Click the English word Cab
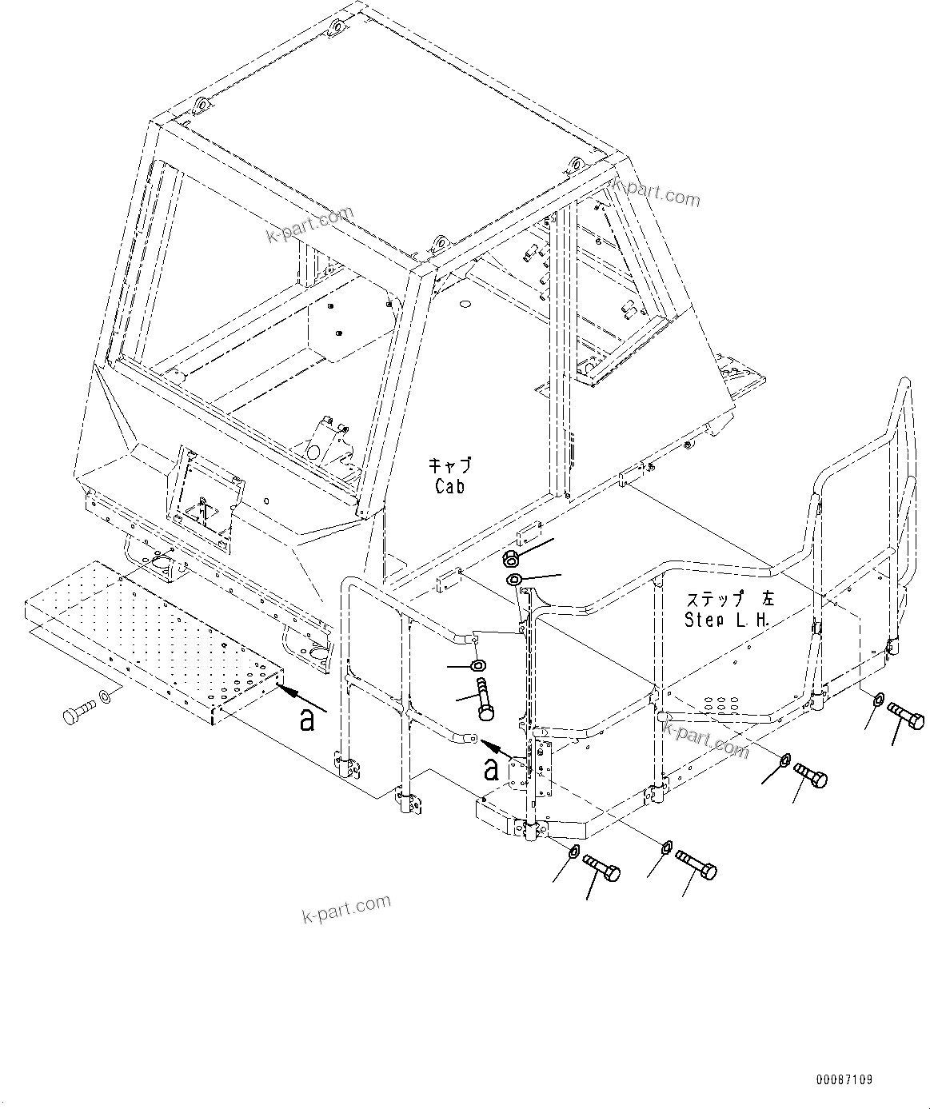450,485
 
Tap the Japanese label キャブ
450,466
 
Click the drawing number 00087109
844,1079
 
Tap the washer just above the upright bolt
478,665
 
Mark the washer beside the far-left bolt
104,698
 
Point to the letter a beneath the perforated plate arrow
305,720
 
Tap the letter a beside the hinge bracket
492,769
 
